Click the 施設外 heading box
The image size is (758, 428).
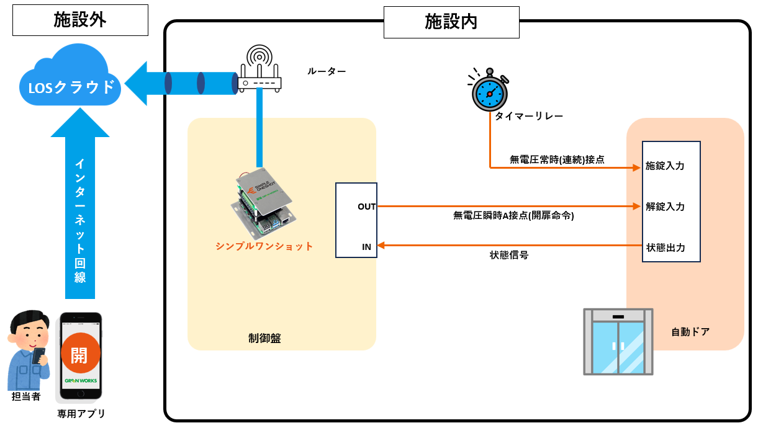(80, 20)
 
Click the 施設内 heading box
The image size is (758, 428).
(451, 22)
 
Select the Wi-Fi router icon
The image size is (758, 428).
(260, 70)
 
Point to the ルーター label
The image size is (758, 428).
(327, 71)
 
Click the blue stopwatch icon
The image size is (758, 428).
(490, 91)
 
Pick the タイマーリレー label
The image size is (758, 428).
(529, 117)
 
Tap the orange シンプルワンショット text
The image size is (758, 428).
(264, 246)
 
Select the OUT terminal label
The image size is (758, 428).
(366, 207)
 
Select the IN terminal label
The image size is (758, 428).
(367, 247)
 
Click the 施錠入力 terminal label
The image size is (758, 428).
(665, 166)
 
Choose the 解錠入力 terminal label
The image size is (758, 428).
(665, 207)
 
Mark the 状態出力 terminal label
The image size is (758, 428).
(665, 247)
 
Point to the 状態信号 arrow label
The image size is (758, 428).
(509, 255)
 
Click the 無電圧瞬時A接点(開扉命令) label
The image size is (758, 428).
(513, 215)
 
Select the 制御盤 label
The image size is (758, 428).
(265, 339)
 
